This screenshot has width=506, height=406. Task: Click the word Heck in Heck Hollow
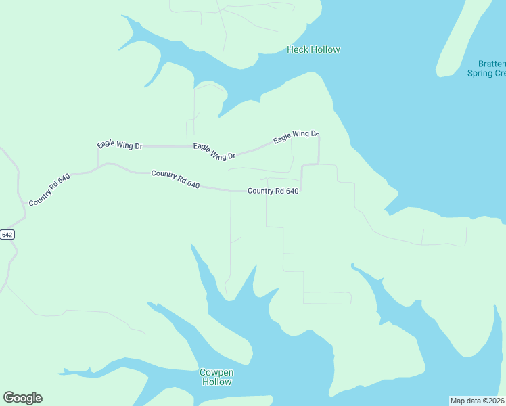point(297,49)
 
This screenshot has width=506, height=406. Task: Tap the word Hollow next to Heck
point(325,49)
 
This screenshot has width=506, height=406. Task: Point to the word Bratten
point(489,64)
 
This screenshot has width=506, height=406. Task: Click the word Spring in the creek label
point(480,73)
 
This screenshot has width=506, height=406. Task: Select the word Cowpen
point(216,372)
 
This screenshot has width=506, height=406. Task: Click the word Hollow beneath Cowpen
point(216,382)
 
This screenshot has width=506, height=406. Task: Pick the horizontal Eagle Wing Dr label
point(120,145)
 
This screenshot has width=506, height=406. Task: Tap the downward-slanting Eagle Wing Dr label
point(214,151)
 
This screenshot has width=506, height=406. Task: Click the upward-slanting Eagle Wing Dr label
point(295,136)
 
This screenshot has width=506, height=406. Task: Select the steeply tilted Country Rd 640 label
point(49,189)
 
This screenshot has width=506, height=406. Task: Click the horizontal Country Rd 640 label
point(273,191)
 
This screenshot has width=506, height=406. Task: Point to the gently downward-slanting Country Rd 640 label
point(175,179)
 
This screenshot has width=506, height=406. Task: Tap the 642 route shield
point(7,234)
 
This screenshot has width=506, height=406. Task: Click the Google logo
point(22,397)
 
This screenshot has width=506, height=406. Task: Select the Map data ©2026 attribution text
point(477,400)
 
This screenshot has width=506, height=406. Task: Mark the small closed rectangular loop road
point(327,298)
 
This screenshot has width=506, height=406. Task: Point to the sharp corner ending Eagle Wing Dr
point(319,136)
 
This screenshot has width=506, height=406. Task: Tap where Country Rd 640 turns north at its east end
point(301,191)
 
